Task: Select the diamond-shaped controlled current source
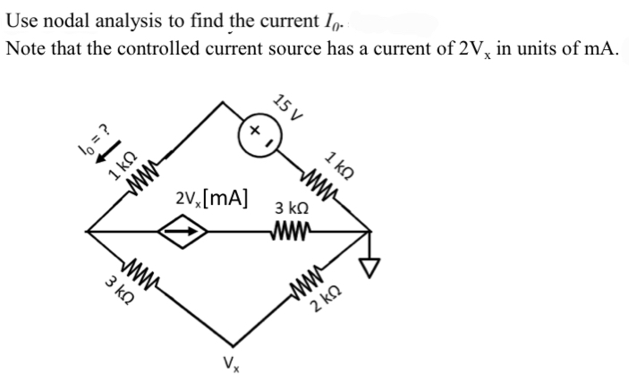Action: (183, 233)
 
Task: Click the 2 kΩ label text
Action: (326, 308)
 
